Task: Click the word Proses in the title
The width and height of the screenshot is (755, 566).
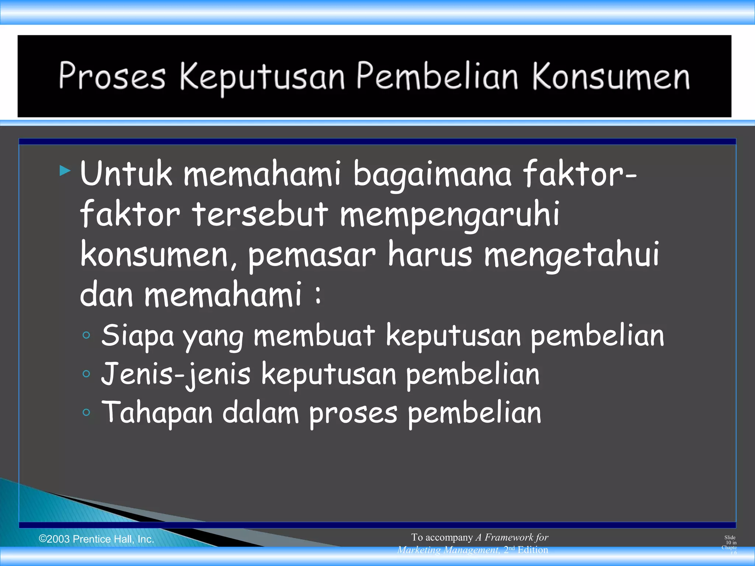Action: (112, 76)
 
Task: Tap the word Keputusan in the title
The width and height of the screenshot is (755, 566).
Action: (262, 77)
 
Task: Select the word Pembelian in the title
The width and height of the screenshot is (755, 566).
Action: (437, 76)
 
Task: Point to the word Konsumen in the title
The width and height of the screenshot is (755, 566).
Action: (610, 76)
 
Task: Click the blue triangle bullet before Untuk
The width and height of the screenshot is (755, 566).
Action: (65, 171)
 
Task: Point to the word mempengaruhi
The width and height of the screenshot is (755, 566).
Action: (449, 215)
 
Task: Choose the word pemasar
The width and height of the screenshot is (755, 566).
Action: (312, 255)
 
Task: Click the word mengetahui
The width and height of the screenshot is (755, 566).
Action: (571, 255)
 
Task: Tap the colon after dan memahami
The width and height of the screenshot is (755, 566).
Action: (318, 296)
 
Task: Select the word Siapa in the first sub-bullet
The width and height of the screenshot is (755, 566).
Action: (138, 336)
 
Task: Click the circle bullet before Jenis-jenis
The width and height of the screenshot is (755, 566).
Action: (86, 374)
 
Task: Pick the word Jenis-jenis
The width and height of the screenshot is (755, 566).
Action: (176, 374)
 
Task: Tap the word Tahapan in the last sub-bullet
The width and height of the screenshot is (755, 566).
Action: (157, 413)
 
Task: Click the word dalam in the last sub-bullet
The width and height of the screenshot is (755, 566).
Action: (260, 413)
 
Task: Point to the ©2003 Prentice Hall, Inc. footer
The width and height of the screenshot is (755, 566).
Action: (96, 539)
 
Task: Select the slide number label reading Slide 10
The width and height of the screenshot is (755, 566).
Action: (730, 540)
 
